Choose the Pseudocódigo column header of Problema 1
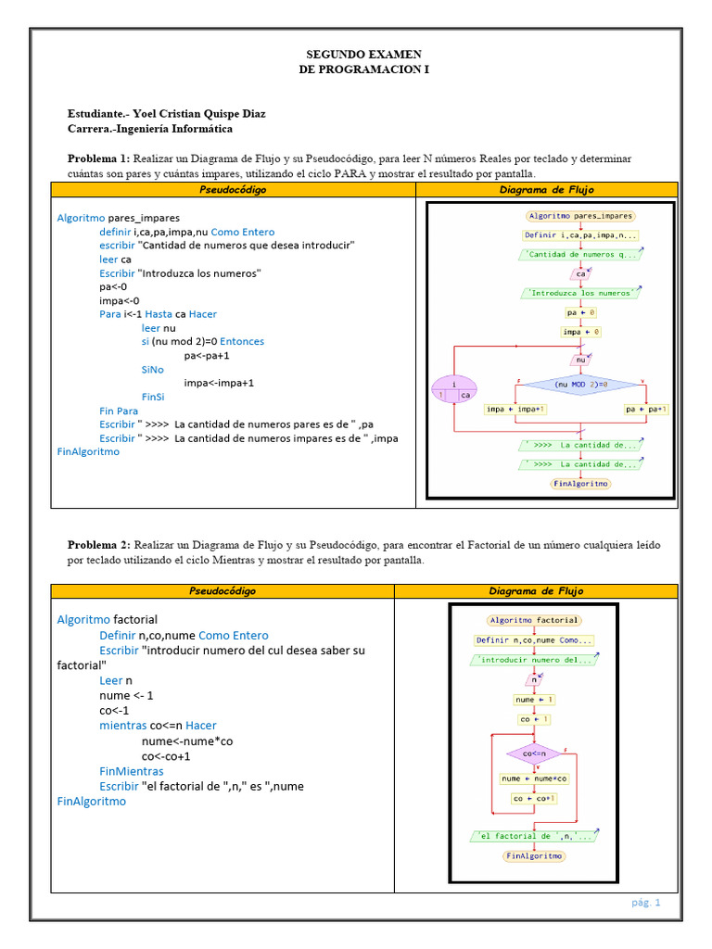pos(233,190)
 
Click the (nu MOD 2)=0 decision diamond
pos(580,384)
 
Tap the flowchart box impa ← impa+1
pos(515,409)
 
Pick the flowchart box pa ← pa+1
pos(646,409)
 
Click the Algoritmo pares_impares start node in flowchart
pos(580,216)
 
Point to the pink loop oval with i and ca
pos(454,388)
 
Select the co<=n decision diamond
pos(534,753)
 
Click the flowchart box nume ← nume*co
pos(535,778)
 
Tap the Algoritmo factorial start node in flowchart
pos(534,620)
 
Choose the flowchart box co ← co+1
pos(534,798)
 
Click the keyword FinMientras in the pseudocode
pos(132,771)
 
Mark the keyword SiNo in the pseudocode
pos(153,369)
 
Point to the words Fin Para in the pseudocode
pos(119,411)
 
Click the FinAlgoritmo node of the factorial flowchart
pos(534,856)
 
